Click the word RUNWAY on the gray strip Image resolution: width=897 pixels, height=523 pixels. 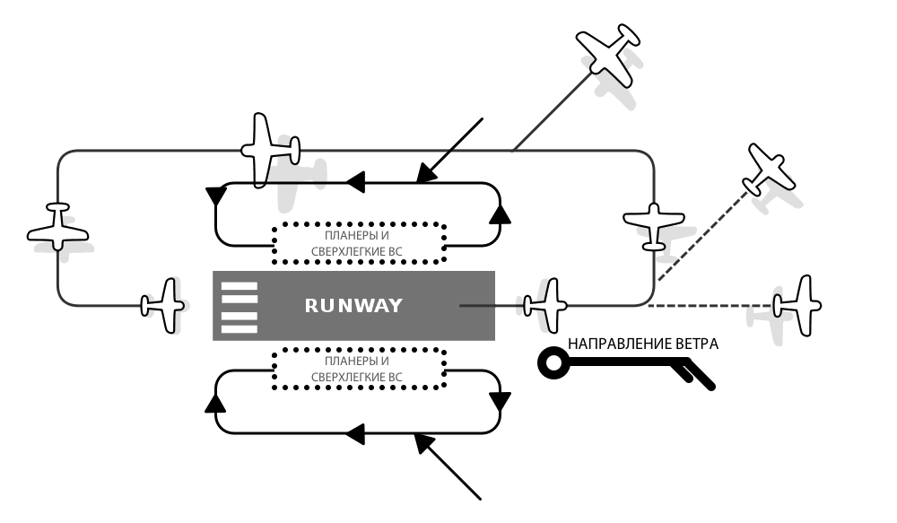tap(353, 306)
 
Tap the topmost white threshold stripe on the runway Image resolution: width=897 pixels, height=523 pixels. tap(239, 287)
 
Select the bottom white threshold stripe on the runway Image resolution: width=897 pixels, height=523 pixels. tap(239, 328)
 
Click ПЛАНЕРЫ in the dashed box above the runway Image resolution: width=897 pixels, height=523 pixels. tap(332, 236)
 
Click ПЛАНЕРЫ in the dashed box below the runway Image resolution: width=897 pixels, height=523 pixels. tap(332, 362)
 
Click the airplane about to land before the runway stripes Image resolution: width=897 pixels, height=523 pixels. tap(164, 306)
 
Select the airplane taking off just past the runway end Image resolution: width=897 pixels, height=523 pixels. tap(546, 306)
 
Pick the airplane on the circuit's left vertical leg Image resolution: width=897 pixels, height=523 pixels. tap(58, 227)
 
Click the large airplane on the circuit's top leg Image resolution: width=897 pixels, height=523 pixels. tap(267, 149)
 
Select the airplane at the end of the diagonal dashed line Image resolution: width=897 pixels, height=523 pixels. tap(771, 170)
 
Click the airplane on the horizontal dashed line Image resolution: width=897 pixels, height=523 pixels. tap(797, 305)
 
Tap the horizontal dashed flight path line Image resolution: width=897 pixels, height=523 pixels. tap(709, 306)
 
